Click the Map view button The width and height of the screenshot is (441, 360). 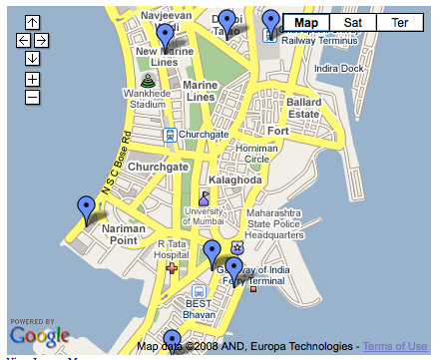click(x=307, y=22)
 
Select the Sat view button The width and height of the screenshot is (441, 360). click(x=353, y=22)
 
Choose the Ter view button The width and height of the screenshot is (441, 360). click(x=400, y=22)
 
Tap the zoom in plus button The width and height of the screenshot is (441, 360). click(x=32, y=78)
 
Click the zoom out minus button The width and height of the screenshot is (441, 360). click(x=32, y=97)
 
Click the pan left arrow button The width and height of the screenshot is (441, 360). click(x=24, y=40)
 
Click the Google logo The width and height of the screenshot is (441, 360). click(x=40, y=334)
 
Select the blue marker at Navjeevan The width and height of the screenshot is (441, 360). click(x=165, y=37)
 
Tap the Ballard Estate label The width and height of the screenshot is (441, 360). click(x=304, y=109)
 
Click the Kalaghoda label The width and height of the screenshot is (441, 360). click(x=235, y=180)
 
